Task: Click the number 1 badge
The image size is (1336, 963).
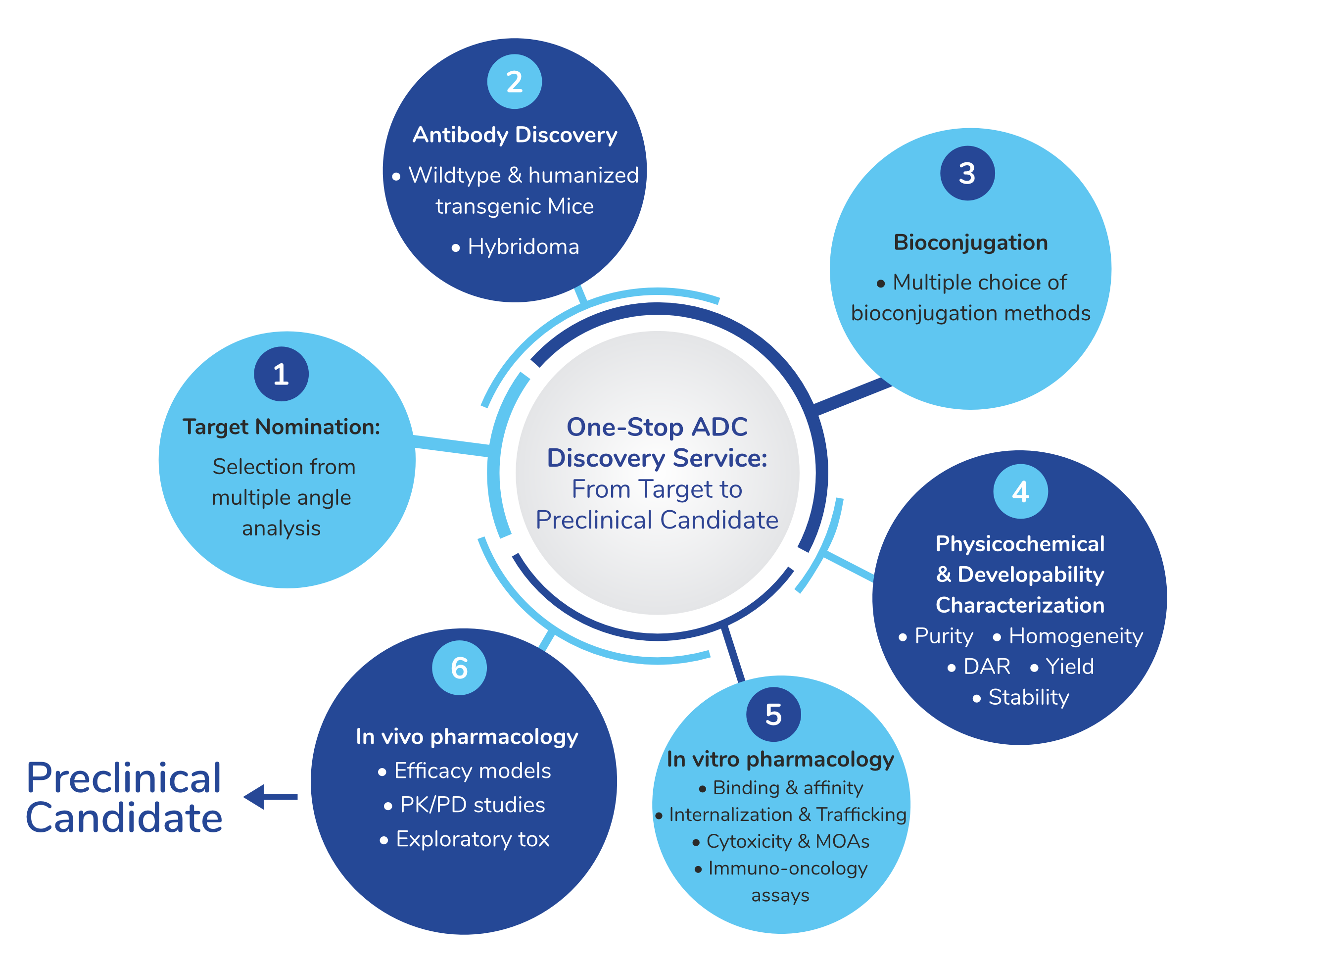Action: [x=281, y=374]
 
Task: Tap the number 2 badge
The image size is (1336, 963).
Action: [x=514, y=81]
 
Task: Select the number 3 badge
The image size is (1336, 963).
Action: [x=967, y=173]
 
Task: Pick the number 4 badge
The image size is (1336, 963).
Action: [x=1020, y=491]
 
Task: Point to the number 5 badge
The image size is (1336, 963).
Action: [x=773, y=715]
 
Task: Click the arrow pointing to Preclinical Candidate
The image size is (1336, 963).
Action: [x=271, y=797]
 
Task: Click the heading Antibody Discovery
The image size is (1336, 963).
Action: [x=515, y=135]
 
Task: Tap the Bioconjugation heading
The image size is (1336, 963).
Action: [x=971, y=242]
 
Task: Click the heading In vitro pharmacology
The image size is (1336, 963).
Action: [x=780, y=760]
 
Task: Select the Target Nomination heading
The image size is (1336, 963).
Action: [x=282, y=427]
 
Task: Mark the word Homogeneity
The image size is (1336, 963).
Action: [x=1076, y=636]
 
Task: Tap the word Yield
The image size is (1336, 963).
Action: [x=1069, y=667]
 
